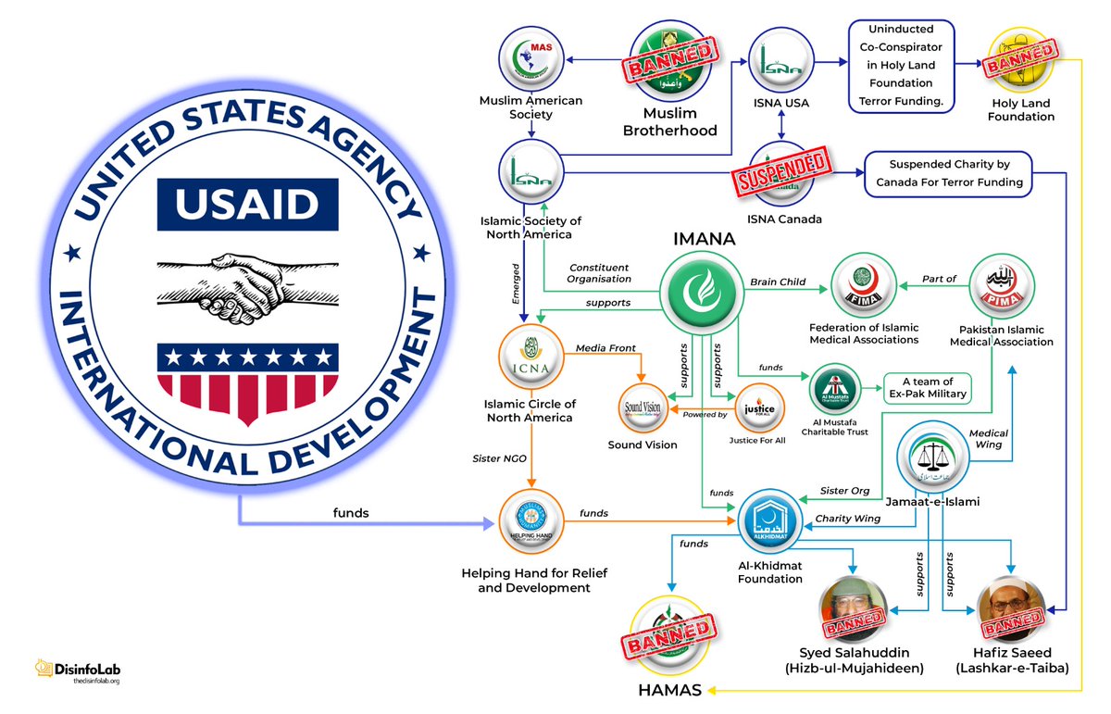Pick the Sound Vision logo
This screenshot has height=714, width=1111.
click(x=643, y=407)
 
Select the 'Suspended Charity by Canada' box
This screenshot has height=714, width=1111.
click(x=949, y=174)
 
